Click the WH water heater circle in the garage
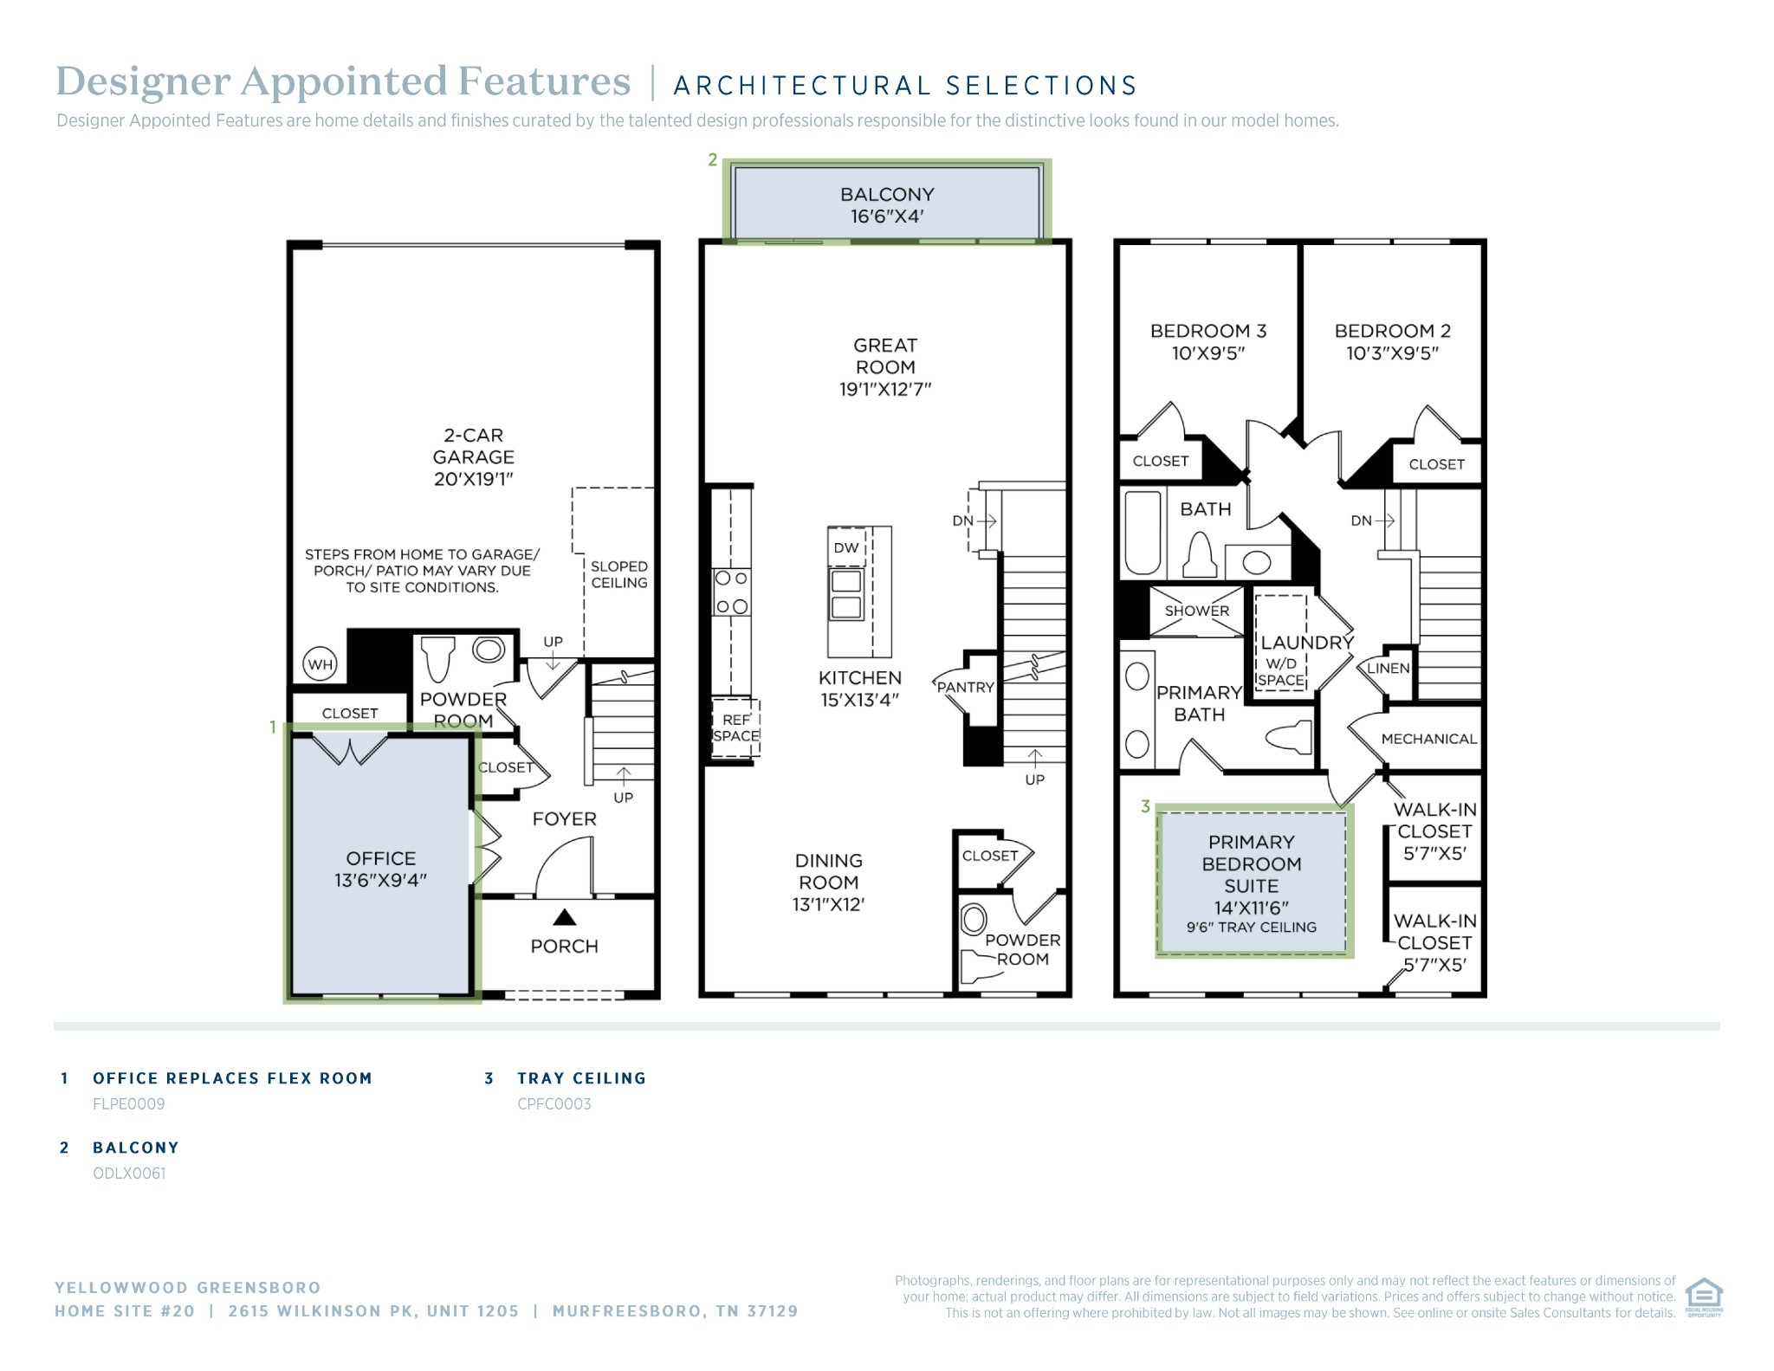(x=320, y=665)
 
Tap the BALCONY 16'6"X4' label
(x=887, y=205)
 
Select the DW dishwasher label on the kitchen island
(x=845, y=547)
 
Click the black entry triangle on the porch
(x=564, y=916)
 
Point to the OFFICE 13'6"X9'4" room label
(x=380, y=869)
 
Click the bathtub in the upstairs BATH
(x=1142, y=534)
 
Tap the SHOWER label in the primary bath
(x=1196, y=611)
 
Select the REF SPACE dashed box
(x=735, y=728)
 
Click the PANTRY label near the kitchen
(x=965, y=687)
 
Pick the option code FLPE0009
(x=128, y=1103)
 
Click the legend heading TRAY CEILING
(x=581, y=1078)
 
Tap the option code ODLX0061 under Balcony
(x=129, y=1173)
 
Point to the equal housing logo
(x=1703, y=1296)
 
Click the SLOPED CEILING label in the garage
(x=618, y=574)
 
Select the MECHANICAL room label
(x=1428, y=739)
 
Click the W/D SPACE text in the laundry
(x=1281, y=672)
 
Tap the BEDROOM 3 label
(x=1207, y=341)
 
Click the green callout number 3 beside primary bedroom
(x=1145, y=806)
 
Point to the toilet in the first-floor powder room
(x=439, y=658)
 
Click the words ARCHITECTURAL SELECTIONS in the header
(x=904, y=86)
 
